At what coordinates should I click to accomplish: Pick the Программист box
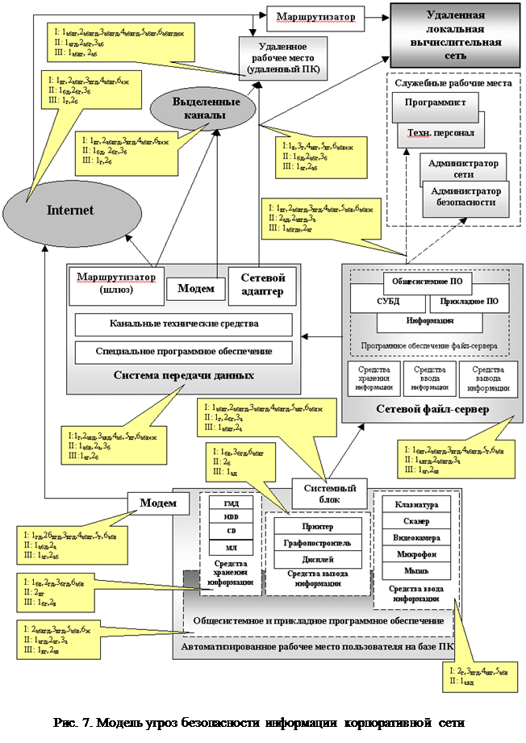click(x=435, y=103)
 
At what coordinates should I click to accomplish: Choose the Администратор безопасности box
click(x=467, y=197)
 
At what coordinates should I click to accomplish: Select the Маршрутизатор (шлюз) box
click(x=115, y=283)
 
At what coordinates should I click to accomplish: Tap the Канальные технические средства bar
click(x=183, y=325)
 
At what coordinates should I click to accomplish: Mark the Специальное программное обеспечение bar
click(x=183, y=352)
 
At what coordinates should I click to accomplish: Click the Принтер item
click(x=316, y=526)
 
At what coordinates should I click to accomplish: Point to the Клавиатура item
click(x=416, y=506)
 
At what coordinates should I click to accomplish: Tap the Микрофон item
click(x=416, y=555)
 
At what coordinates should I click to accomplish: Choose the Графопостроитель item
click(x=316, y=543)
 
